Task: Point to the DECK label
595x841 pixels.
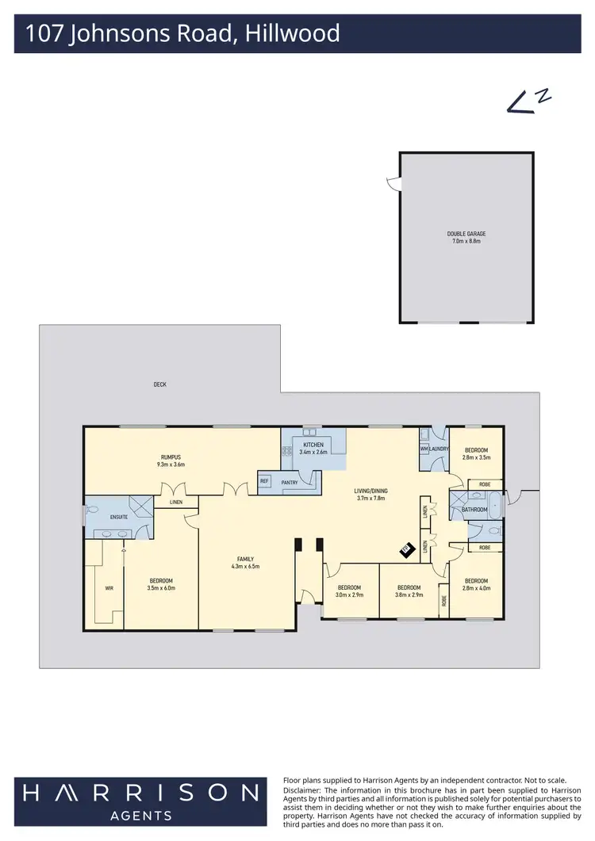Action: pyautogui.click(x=160, y=384)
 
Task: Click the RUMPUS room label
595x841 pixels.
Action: pyautogui.click(x=172, y=457)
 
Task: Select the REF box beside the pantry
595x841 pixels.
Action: pyautogui.click(x=264, y=480)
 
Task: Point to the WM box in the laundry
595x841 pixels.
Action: pyautogui.click(x=424, y=449)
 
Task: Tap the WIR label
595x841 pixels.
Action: pyautogui.click(x=109, y=589)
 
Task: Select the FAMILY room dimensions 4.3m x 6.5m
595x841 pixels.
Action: pyautogui.click(x=245, y=567)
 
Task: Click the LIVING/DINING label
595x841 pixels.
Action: pyautogui.click(x=370, y=491)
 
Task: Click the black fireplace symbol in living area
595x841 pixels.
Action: pyautogui.click(x=405, y=551)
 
